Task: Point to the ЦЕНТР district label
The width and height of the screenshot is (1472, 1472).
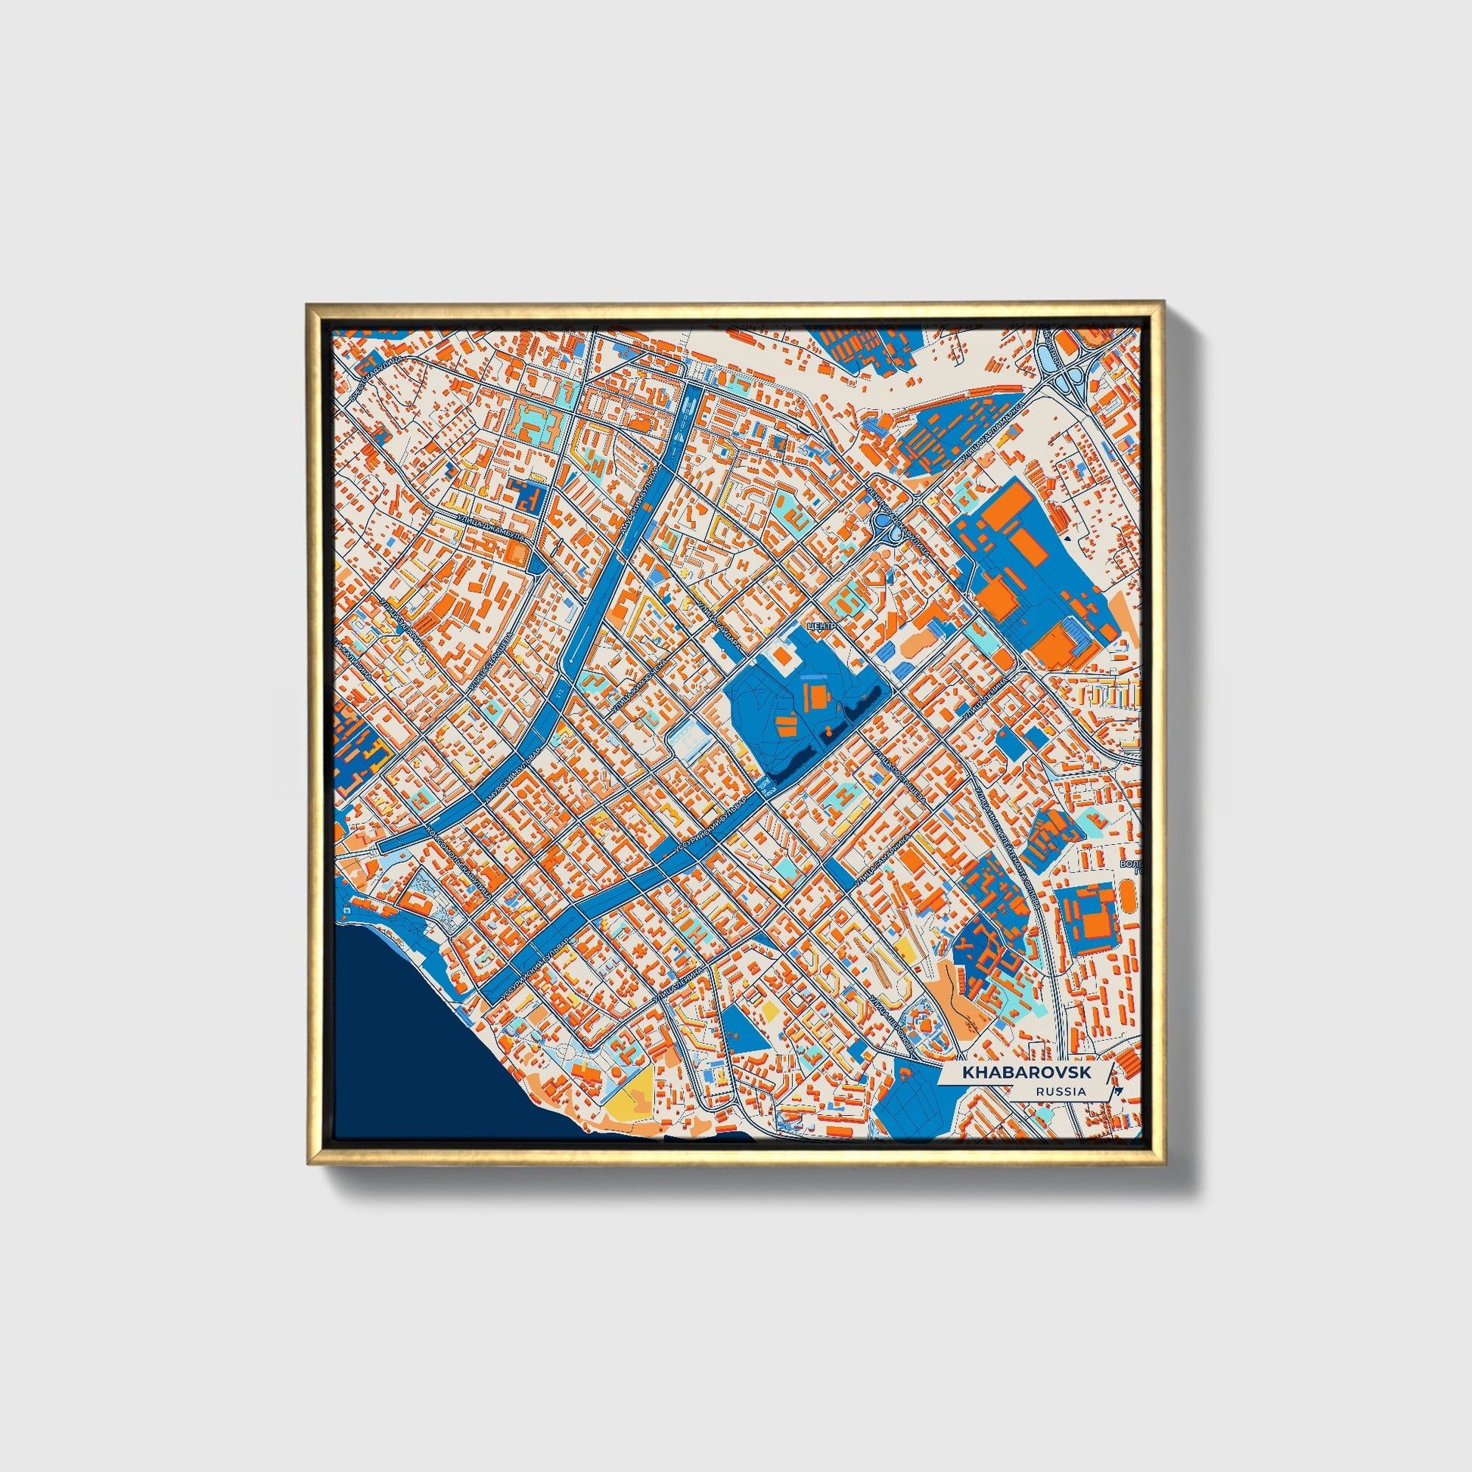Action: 822,626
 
